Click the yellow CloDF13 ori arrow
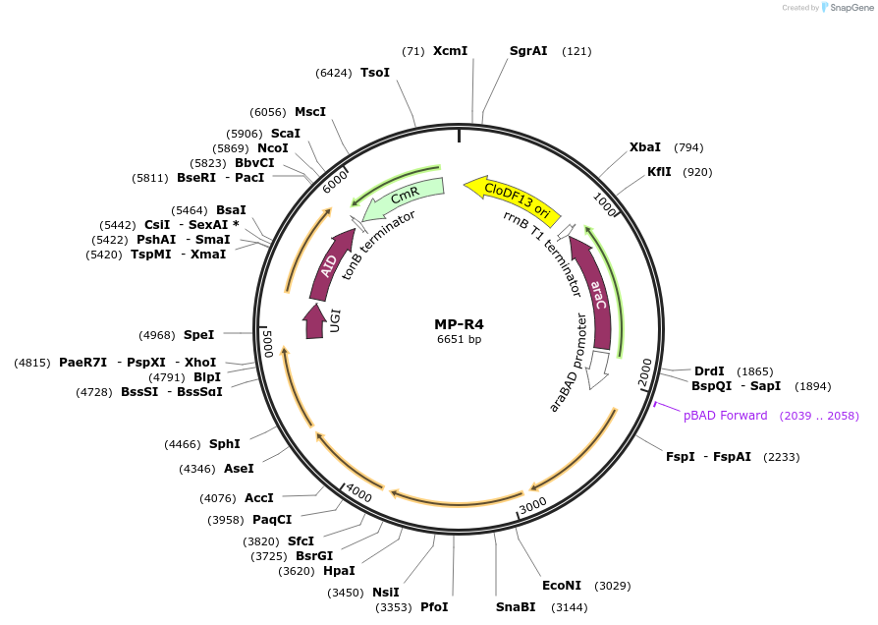(512, 196)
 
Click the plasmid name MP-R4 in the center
(459, 323)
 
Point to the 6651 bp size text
(459, 339)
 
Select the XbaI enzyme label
(645, 147)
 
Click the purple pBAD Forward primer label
(726, 416)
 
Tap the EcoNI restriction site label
(561, 586)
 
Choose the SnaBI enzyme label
(515, 607)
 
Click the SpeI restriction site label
(198, 335)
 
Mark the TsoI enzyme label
(375, 72)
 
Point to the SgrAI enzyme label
(528, 50)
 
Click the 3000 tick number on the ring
(532, 504)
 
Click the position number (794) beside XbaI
(688, 147)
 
